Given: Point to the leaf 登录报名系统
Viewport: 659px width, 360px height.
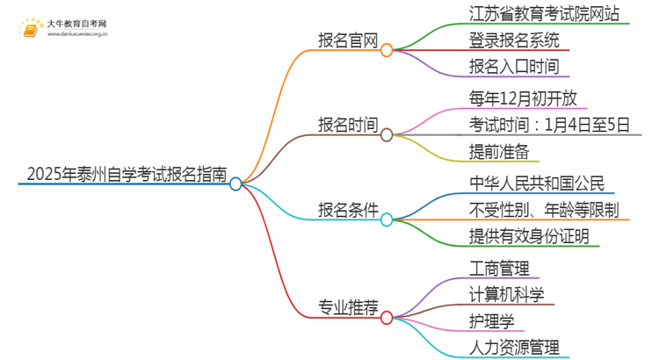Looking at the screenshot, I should point(508,40).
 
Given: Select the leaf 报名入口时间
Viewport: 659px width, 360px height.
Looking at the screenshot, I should point(508,66).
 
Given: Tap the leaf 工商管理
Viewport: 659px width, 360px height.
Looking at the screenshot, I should point(499,267).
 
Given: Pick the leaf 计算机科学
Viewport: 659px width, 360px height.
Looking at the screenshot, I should point(507,293).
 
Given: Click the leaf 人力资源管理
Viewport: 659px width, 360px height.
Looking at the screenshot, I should point(514,347).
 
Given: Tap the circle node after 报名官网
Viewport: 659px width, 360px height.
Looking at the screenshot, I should point(387,51).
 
